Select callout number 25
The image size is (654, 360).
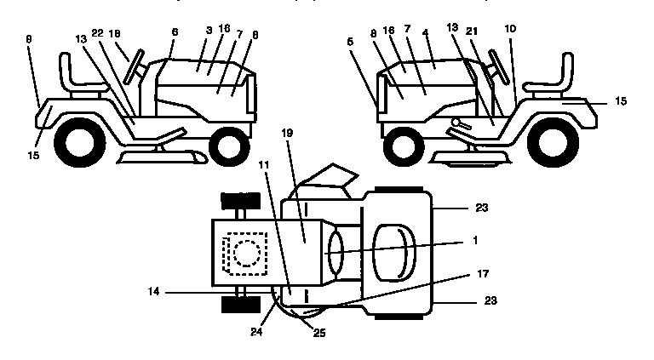[x=318, y=333]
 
